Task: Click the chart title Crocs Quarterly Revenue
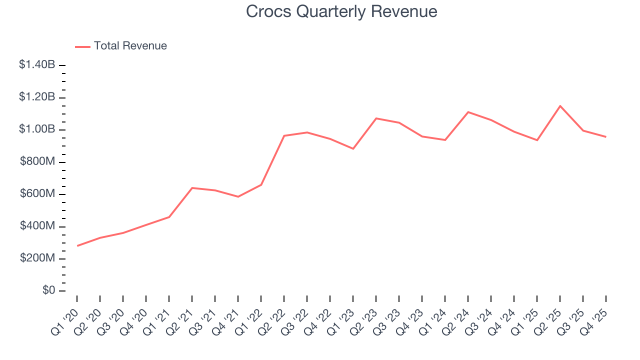pos(341,11)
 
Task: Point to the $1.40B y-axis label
pos(37,64)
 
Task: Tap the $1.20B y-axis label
pos(37,97)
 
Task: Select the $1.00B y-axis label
pos(37,129)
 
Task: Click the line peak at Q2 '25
pos(560,106)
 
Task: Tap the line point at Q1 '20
pos(77,245)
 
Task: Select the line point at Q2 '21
pos(192,188)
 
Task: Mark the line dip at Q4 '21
pos(238,196)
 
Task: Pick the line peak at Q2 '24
pos(468,112)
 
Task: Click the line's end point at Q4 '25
pos(606,137)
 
